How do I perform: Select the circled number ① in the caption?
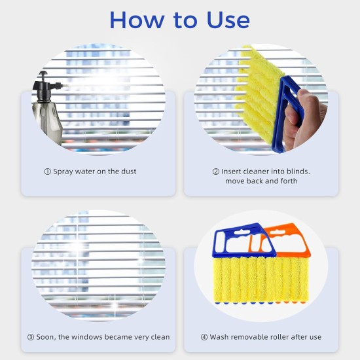[47, 171]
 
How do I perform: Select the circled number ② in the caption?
[215, 171]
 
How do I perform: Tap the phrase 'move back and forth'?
[261, 181]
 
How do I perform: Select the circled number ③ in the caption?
[30, 337]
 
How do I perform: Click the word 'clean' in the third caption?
[158, 337]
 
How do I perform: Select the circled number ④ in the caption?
[204, 337]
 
